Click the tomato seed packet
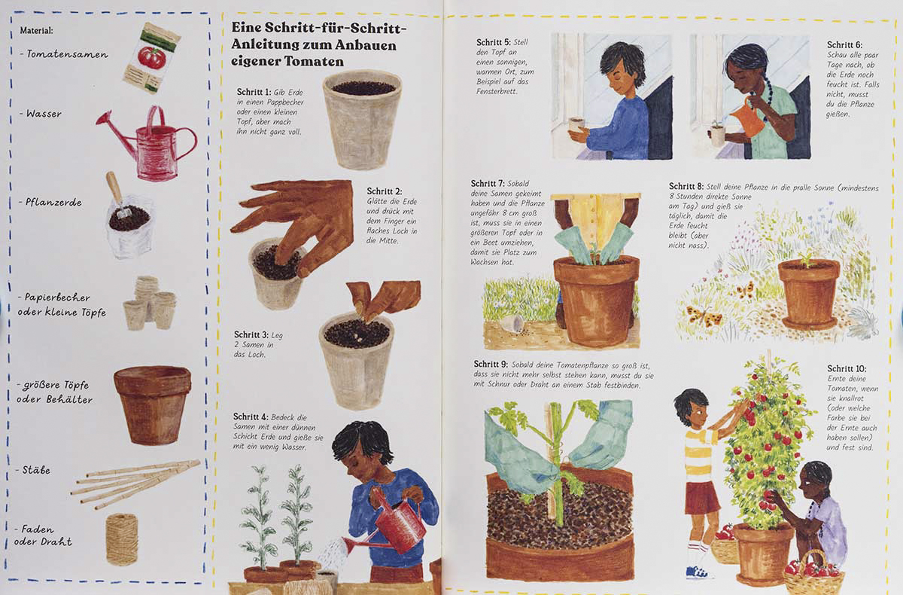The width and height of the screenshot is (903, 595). (x=151, y=58)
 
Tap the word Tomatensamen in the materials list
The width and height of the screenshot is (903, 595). (x=67, y=54)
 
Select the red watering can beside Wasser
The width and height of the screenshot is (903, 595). (x=147, y=143)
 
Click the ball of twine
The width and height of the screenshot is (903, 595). (x=122, y=539)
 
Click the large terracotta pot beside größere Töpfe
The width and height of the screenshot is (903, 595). (x=152, y=404)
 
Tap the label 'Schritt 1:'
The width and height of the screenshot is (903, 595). (x=254, y=92)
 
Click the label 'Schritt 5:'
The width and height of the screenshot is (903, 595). (x=493, y=42)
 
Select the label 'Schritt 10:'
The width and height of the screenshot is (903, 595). (x=847, y=369)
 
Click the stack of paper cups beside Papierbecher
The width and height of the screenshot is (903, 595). (x=150, y=303)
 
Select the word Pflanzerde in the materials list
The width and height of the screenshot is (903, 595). (x=53, y=202)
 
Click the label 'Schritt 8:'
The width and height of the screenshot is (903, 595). (x=686, y=186)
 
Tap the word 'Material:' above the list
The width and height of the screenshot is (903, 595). (x=36, y=30)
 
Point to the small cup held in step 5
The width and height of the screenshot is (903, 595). (x=576, y=124)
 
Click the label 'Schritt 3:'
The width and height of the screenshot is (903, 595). (x=251, y=335)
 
